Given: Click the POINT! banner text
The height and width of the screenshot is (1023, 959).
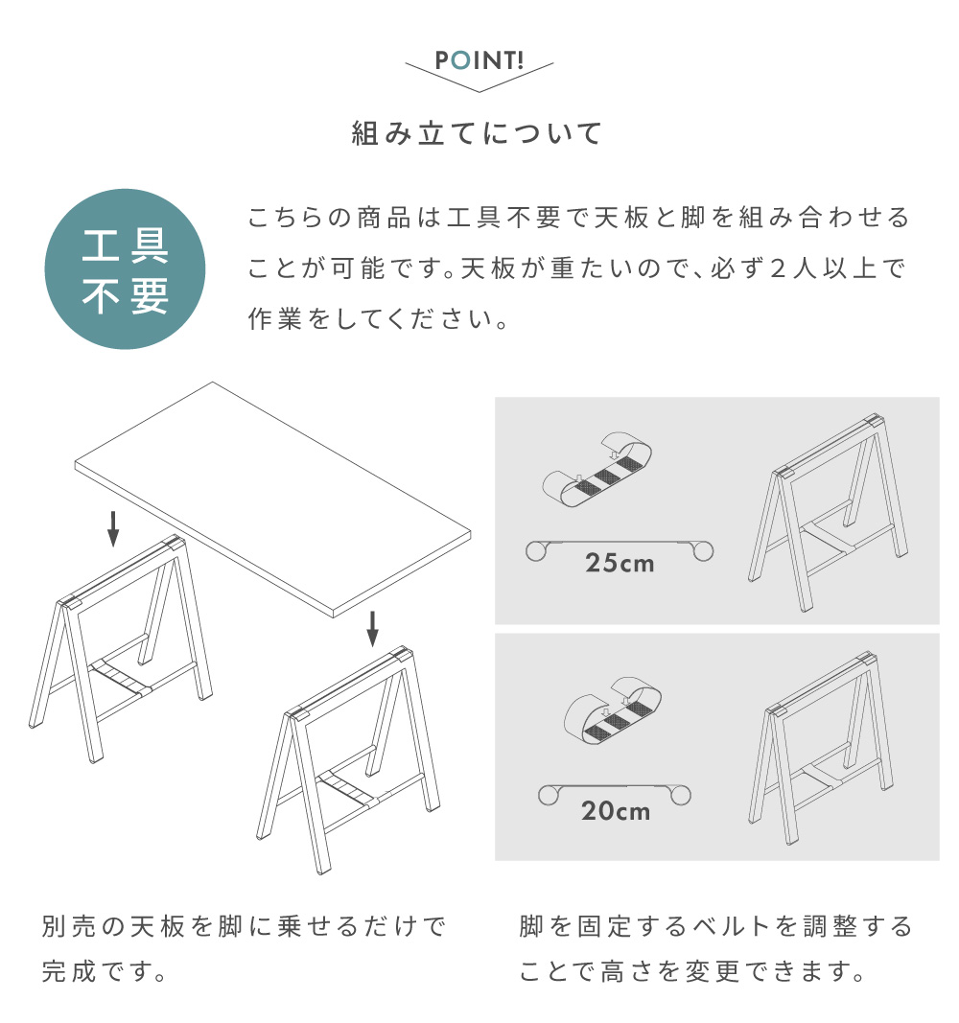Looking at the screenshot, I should [x=479, y=61].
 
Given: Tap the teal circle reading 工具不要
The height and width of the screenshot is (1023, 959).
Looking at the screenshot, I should [x=126, y=269].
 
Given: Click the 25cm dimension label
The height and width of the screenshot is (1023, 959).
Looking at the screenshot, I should [x=620, y=563].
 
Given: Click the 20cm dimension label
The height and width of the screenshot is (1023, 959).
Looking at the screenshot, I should [x=615, y=811].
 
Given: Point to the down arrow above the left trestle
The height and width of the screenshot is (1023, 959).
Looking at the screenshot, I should [x=113, y=528].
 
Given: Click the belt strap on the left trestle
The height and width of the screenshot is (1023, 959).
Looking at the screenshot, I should [x=121, y=675].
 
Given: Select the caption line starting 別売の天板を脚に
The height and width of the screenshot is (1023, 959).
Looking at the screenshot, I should [x=245, y=927].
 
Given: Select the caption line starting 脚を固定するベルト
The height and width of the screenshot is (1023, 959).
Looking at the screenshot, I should [x=715, y=927].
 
